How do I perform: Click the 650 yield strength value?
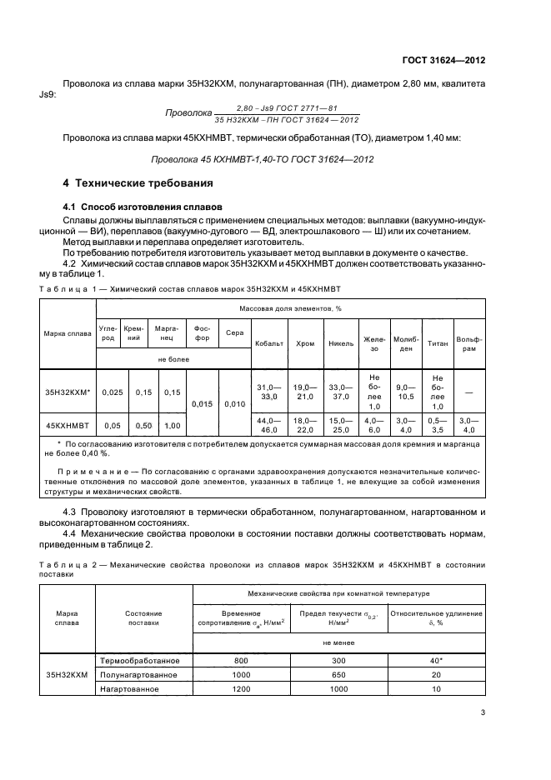point(338,674)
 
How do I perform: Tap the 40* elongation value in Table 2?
point(436,660)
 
